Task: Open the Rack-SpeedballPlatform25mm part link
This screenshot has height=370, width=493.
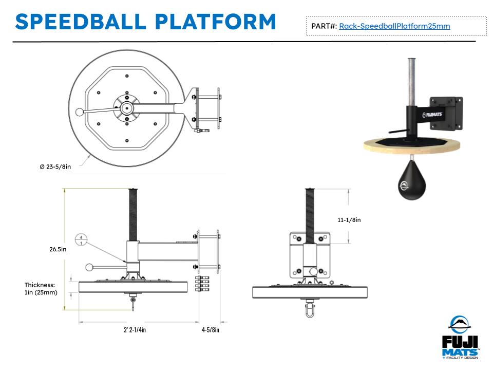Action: click(x=394, y=26)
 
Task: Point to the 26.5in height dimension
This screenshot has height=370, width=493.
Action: click(x=57, y=249)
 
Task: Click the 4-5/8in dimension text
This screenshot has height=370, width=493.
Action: click(x=211, y=330)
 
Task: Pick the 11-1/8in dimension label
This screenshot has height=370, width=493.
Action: click(x=349, y=220)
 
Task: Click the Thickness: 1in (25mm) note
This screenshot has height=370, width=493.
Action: click(x=41, y=288)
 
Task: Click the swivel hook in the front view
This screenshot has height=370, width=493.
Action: click(x=310, y=310)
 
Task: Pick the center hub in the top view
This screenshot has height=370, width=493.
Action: click(x=126, y=107)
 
